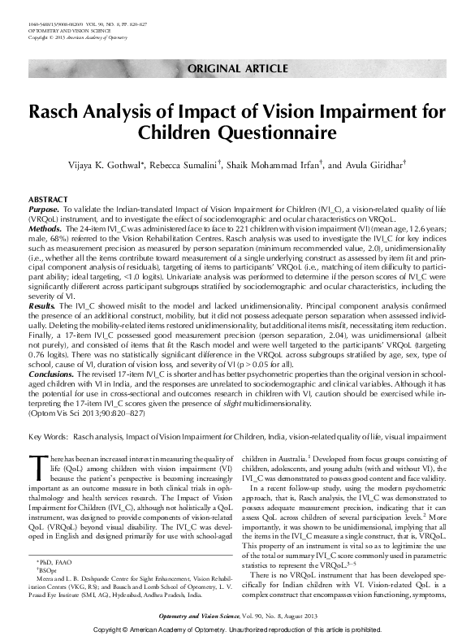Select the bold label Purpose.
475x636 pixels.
pyautogui.click(x=43, y=209)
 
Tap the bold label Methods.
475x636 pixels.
pyautogui.click(x=45, y=230)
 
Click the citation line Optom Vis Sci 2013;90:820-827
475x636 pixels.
pyautogui.click(x=87, y=413)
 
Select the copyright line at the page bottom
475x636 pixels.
pyautogui.click(x=236, y=630)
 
